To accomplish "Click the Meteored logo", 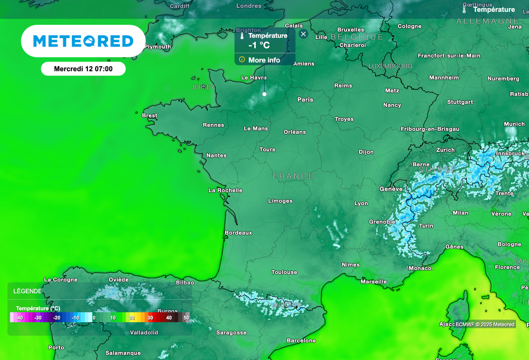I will click(83, 41).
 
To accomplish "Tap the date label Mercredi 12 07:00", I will click(83, 69).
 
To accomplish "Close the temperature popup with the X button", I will click(304, 34).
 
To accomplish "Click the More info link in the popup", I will click(264, 60).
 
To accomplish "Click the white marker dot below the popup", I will click(264, 94).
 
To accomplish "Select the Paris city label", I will click(305, 100).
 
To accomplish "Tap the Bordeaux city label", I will click(238, 233).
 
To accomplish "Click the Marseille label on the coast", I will click(374, 281).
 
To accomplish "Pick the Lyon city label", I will click(361, 204).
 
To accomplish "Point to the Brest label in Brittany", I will click(149, 116).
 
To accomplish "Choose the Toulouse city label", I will click(284, 272).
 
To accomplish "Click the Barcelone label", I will click(301, 340).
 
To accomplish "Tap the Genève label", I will click(391, 189).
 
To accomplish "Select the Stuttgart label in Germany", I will click(460, 102).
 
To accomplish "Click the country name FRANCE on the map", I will click(293, 176).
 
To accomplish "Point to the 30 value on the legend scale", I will click(150, 318).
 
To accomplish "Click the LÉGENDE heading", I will click(28, 291).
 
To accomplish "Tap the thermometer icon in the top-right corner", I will click(465, 10).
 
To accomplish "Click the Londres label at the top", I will click(248, 6).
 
